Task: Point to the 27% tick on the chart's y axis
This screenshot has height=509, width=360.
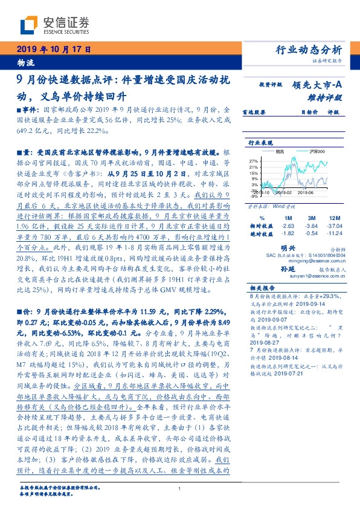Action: point(254,161)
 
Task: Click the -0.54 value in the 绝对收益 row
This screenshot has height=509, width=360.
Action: point(312,232)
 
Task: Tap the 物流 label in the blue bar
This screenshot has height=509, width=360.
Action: point(26,62)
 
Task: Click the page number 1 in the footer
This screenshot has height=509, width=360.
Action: point(179,489)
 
